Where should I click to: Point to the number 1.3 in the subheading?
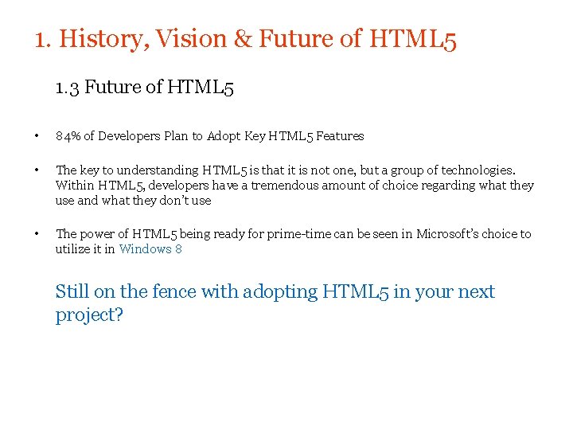pos(67,88)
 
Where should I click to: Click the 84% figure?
pos(68,136)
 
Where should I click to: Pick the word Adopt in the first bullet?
pos(224,136)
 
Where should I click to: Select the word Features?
pos(340,136)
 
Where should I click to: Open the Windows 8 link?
pos(150,249)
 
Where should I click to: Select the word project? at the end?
pos(89,315)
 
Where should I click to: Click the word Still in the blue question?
pos(71,292)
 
